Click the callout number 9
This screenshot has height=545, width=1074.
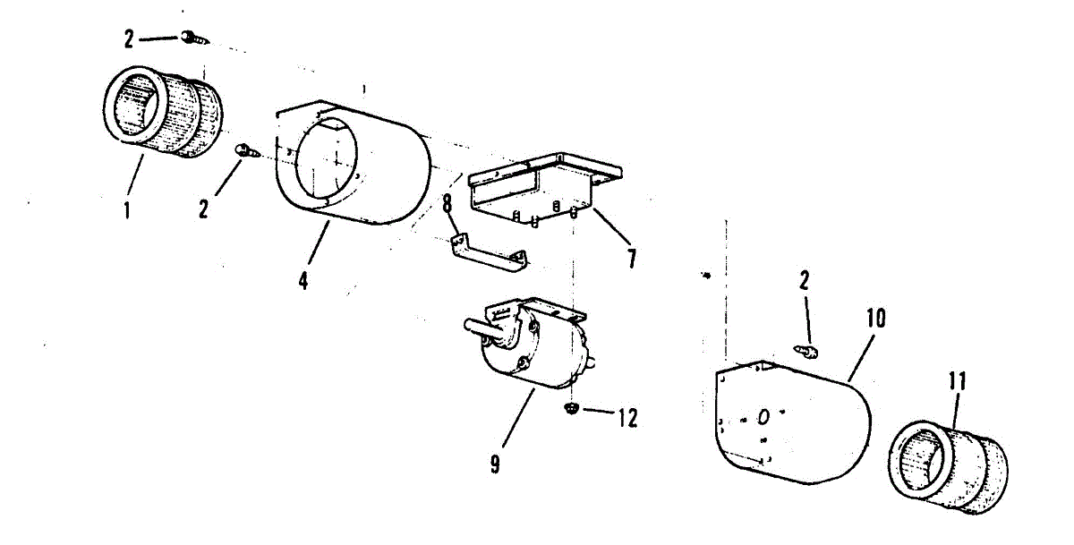tap(495, 464)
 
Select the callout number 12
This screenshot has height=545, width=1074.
tap(626, 417)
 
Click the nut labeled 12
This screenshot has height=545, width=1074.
tap(569, 410)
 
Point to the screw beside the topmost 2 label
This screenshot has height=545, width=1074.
tap(193, 38)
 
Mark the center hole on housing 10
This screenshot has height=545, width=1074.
tap(763, 417)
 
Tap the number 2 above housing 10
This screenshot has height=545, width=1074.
tap(805, 281)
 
